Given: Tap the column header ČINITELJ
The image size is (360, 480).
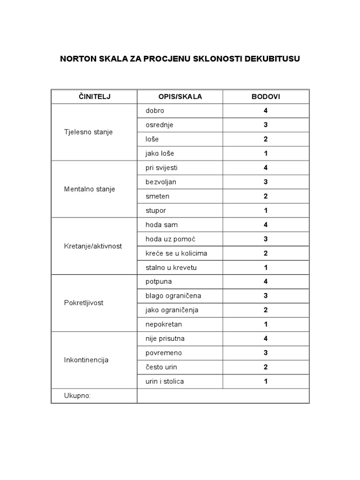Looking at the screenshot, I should click(x=94, y=97).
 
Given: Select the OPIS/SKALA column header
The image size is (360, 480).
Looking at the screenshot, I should click(x=180, y=97).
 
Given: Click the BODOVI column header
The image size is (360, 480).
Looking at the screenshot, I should click(x=266, y=97).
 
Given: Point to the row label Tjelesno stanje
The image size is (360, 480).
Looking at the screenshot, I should click(x=88, y=132).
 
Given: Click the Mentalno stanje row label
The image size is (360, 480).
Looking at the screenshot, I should click(x=89, y=189).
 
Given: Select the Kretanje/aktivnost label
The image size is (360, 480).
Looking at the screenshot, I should click(x=93, y=246).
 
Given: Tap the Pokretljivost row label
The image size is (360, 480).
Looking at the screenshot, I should click(x=83, y=303).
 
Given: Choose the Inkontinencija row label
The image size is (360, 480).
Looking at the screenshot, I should click(x=86, y=360).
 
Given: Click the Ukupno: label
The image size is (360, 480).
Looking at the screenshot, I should click(x=77, y=396).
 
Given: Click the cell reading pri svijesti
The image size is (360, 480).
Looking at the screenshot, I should click(x=161, y=168).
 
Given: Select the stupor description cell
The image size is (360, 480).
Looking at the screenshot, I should click(x=156, y=210).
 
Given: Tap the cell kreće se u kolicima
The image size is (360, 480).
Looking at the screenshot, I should click(x=176, y=253).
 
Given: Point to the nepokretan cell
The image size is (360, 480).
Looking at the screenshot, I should click(x=164, y=324).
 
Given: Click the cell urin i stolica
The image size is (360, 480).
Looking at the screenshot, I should click(x=165, y=381).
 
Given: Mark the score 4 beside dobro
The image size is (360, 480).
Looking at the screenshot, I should click(x=266, y=111).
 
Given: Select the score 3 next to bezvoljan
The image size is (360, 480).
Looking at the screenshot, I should click(x=266, y=182).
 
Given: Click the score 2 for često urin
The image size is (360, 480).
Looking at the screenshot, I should click(x=266, y=367).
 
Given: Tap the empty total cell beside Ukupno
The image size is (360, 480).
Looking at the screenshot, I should click(x=223, y=396).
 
